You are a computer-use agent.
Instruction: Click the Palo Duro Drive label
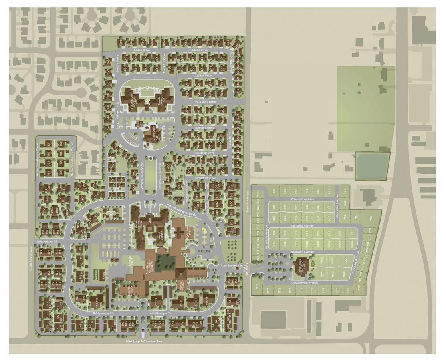(205, 102)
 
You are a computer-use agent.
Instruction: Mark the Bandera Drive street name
(205, 127)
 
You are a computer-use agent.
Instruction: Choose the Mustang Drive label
(205, 153)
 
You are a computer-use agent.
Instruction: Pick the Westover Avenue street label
(302, 199)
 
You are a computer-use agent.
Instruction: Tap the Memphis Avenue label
(302, 225)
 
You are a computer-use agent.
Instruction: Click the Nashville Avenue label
(302, 252)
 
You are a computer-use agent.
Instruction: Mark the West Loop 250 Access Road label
(145, 341)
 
